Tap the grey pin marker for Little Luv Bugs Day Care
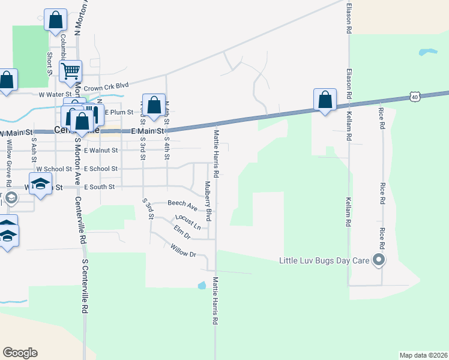click(x=379, y=260)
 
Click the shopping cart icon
click(x=71, y=72)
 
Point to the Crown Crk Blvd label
click(x=107, y=88)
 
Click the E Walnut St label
click(x=101, y=151)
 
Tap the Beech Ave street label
click(x=182, y=203)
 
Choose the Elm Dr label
click(x=181, y=231)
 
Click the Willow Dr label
click(x=183, y=250)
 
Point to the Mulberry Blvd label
click(x=208, y=202)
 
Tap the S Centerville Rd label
click(x=85, y=287)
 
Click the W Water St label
click(x=55, y=94)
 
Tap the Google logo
click(x=20, y=353)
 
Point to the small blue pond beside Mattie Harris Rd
click(x=202, y=286)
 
